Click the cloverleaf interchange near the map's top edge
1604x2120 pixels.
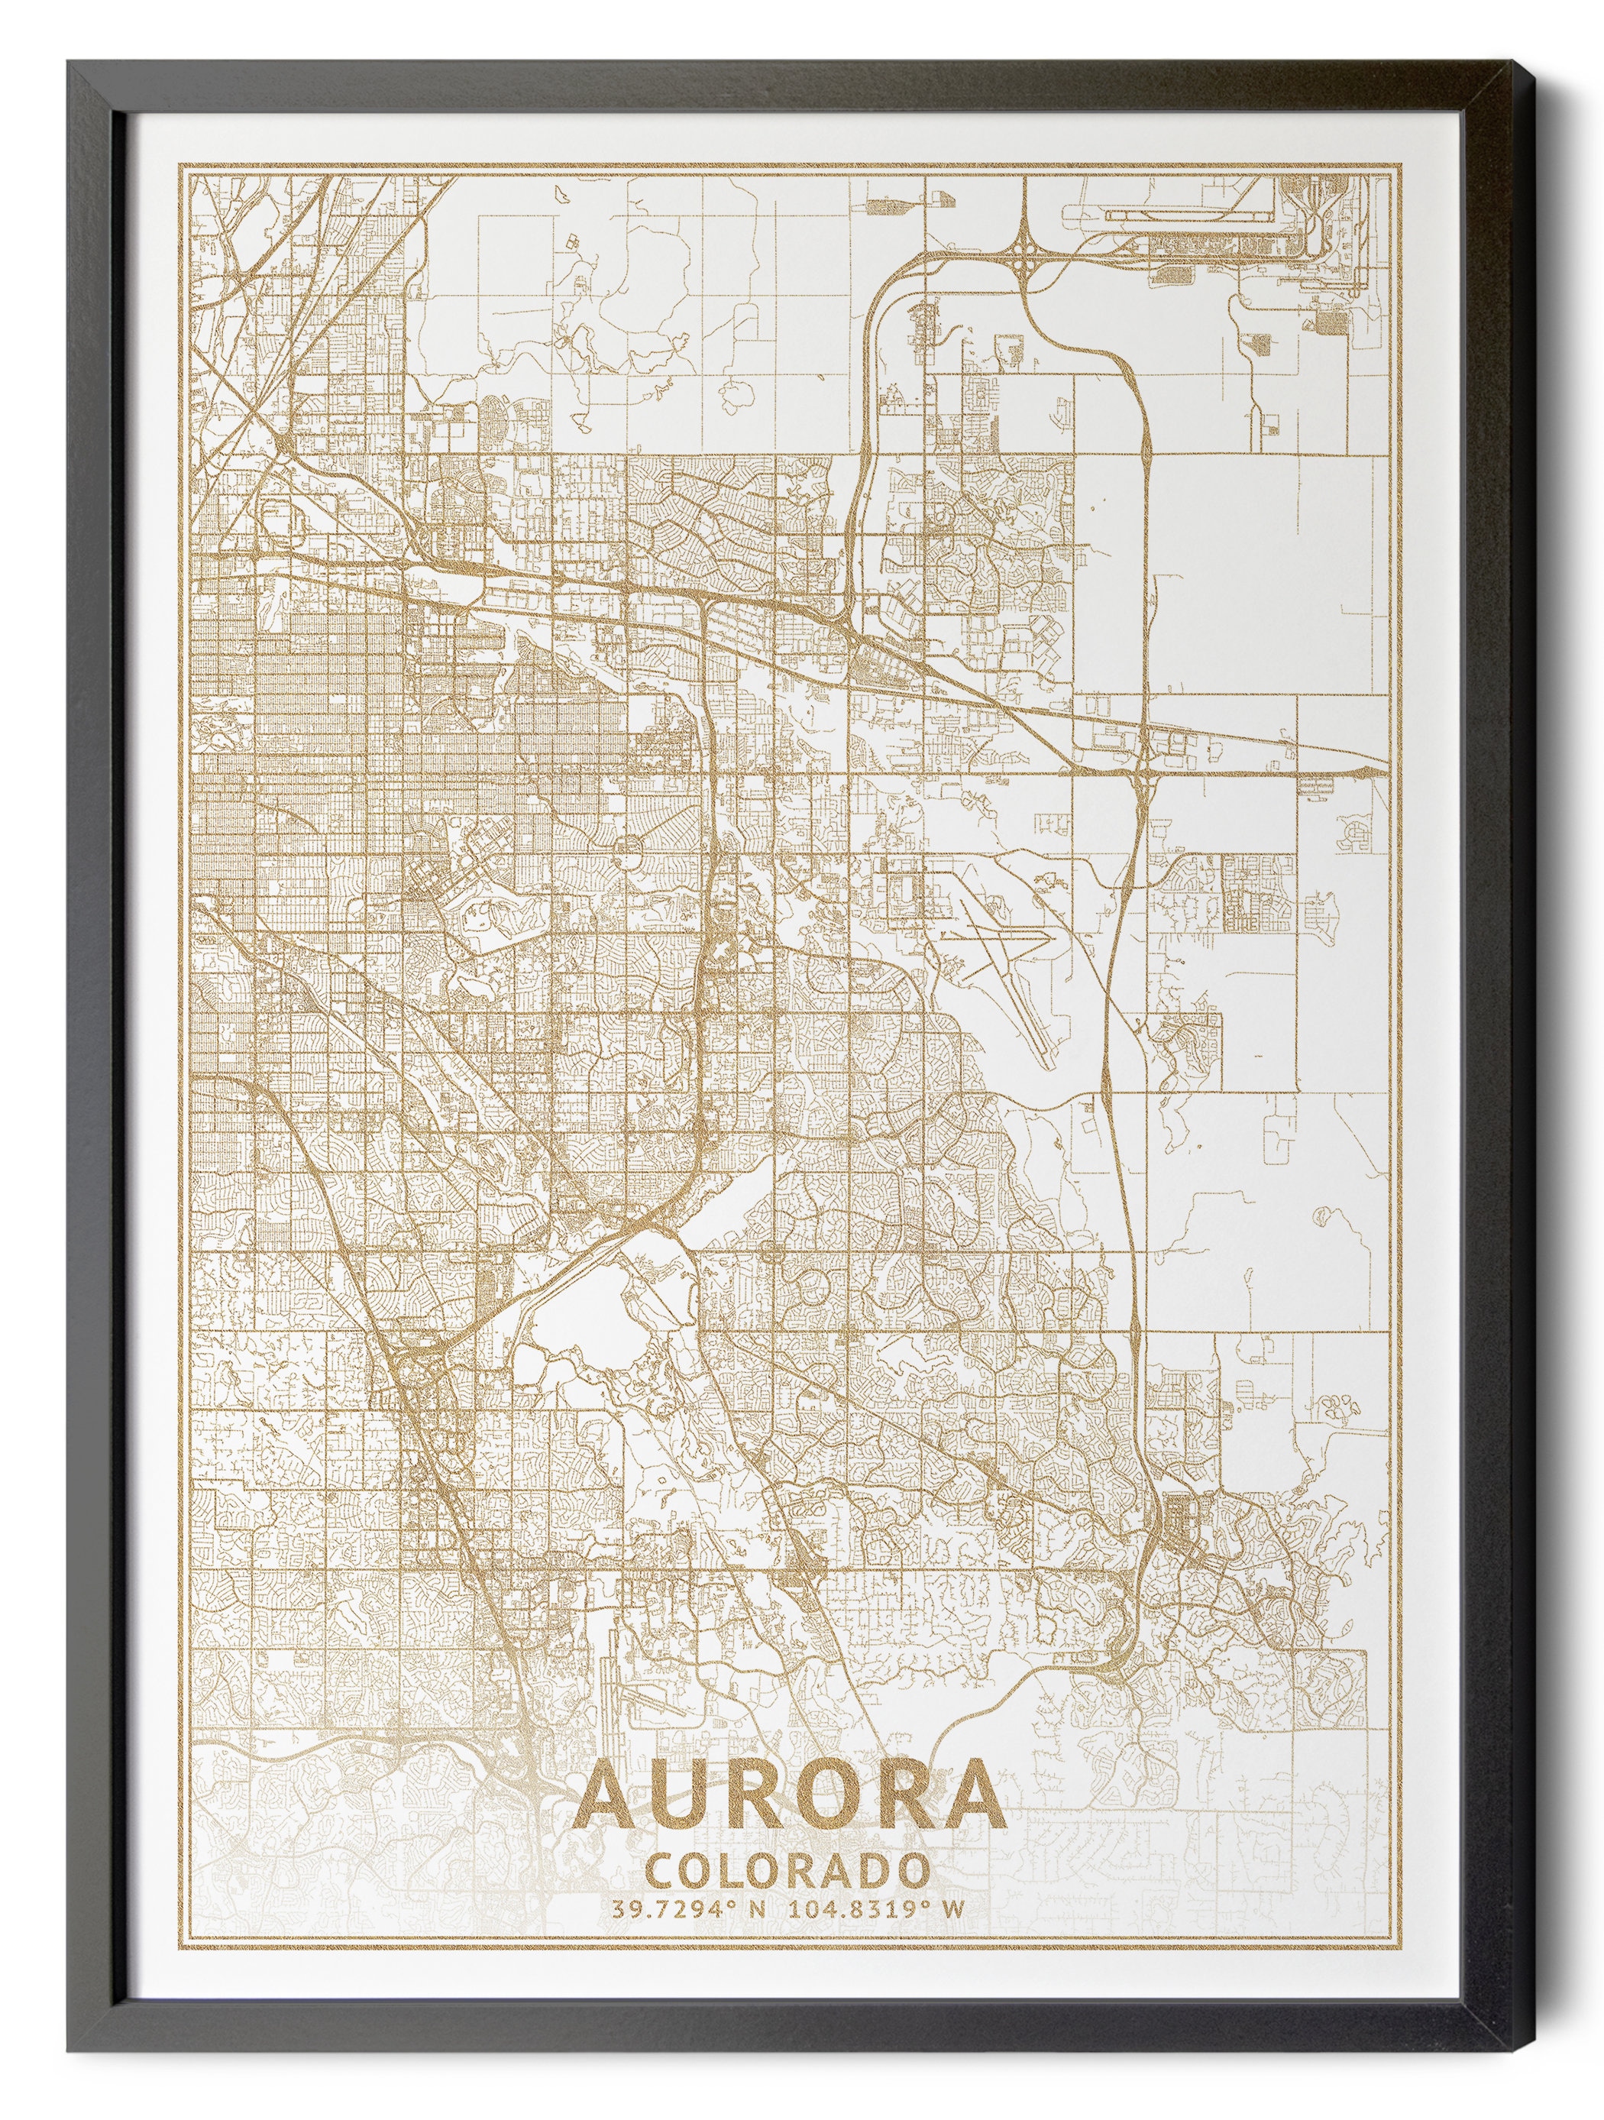[x=1024, y=251]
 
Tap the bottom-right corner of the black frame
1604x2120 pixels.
[x=1541, y=2063]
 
